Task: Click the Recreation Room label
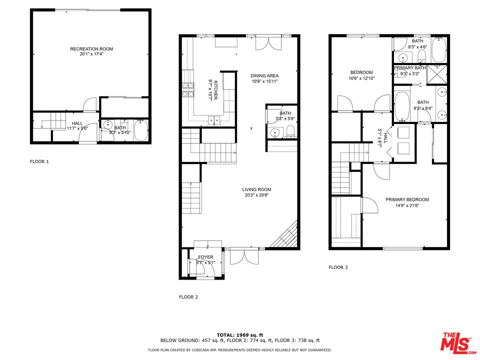coord(91,49)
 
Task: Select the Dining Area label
coord(264,76)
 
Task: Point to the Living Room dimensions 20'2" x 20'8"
coord(256,195)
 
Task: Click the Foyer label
coord(206,257)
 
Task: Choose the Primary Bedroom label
coord(407,199)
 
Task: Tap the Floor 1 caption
coord(39,161)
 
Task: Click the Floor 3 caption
coord(338,267)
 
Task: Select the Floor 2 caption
coord(188,297)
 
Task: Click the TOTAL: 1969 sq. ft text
coord(239,334)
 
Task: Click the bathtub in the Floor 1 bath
coord(140,131)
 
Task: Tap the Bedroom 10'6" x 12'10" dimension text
coord(361,78)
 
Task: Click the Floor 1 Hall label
coord(77,123)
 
